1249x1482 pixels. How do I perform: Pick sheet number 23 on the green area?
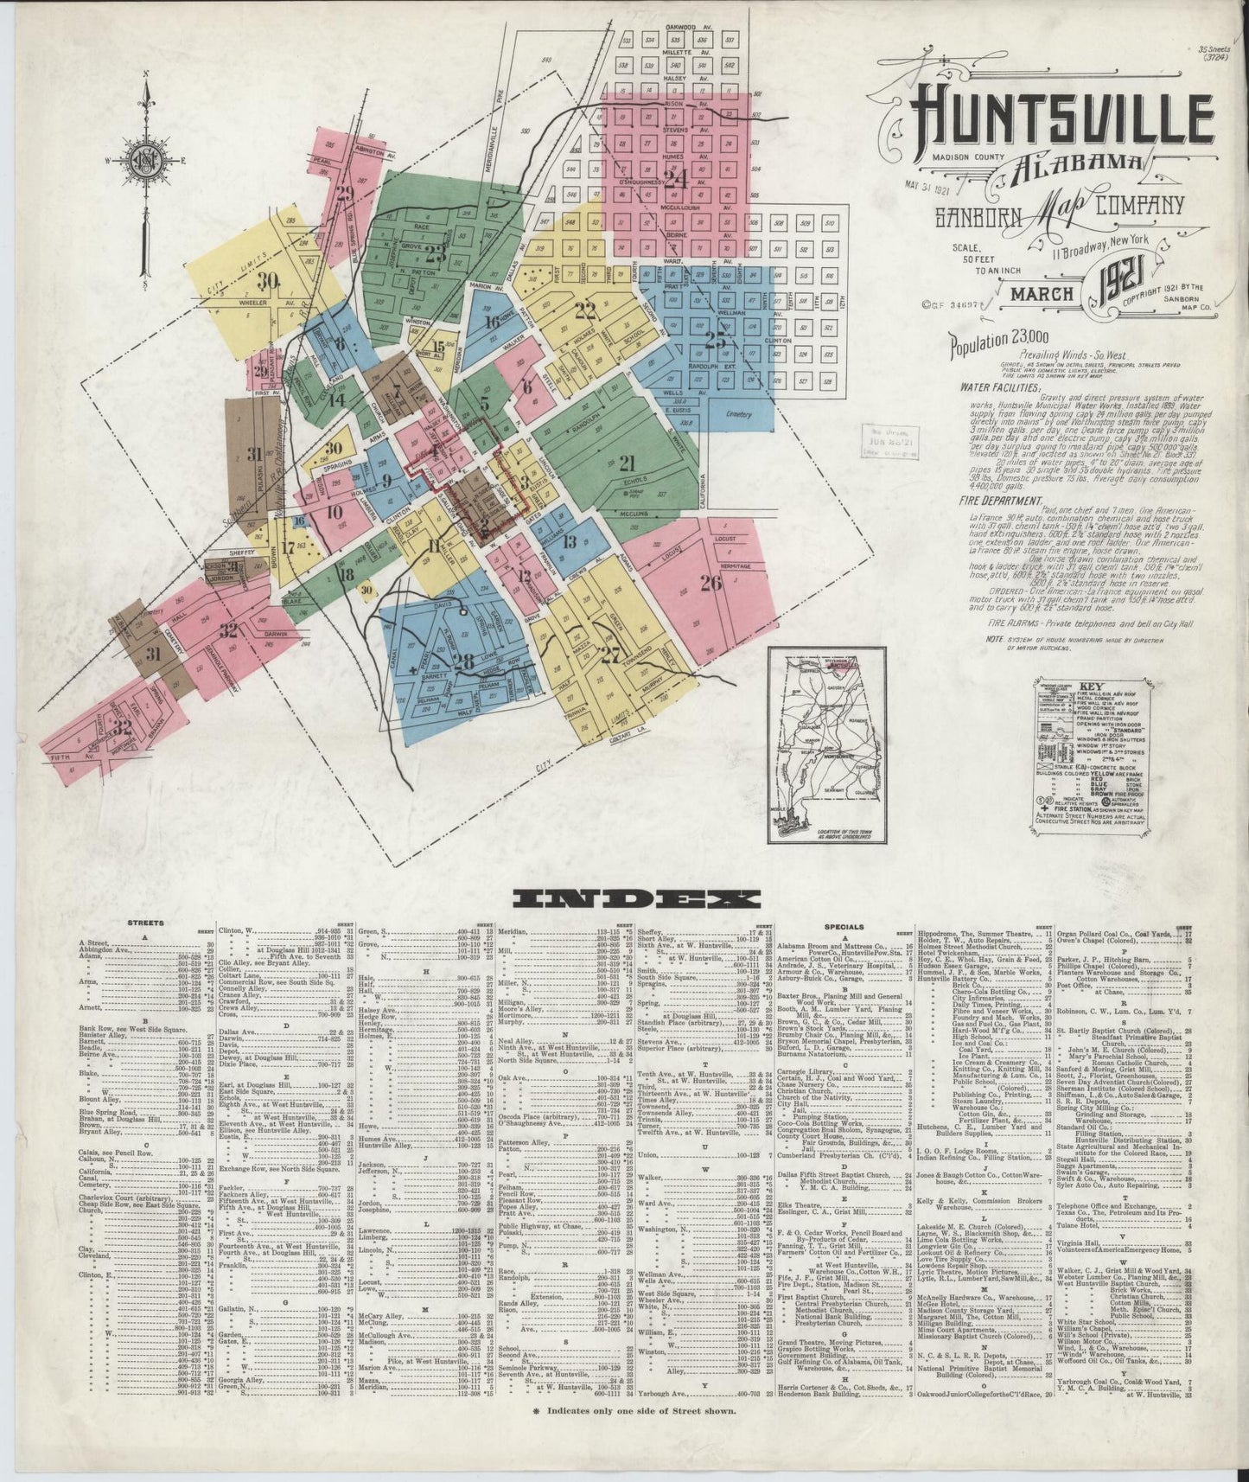(435, 253)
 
